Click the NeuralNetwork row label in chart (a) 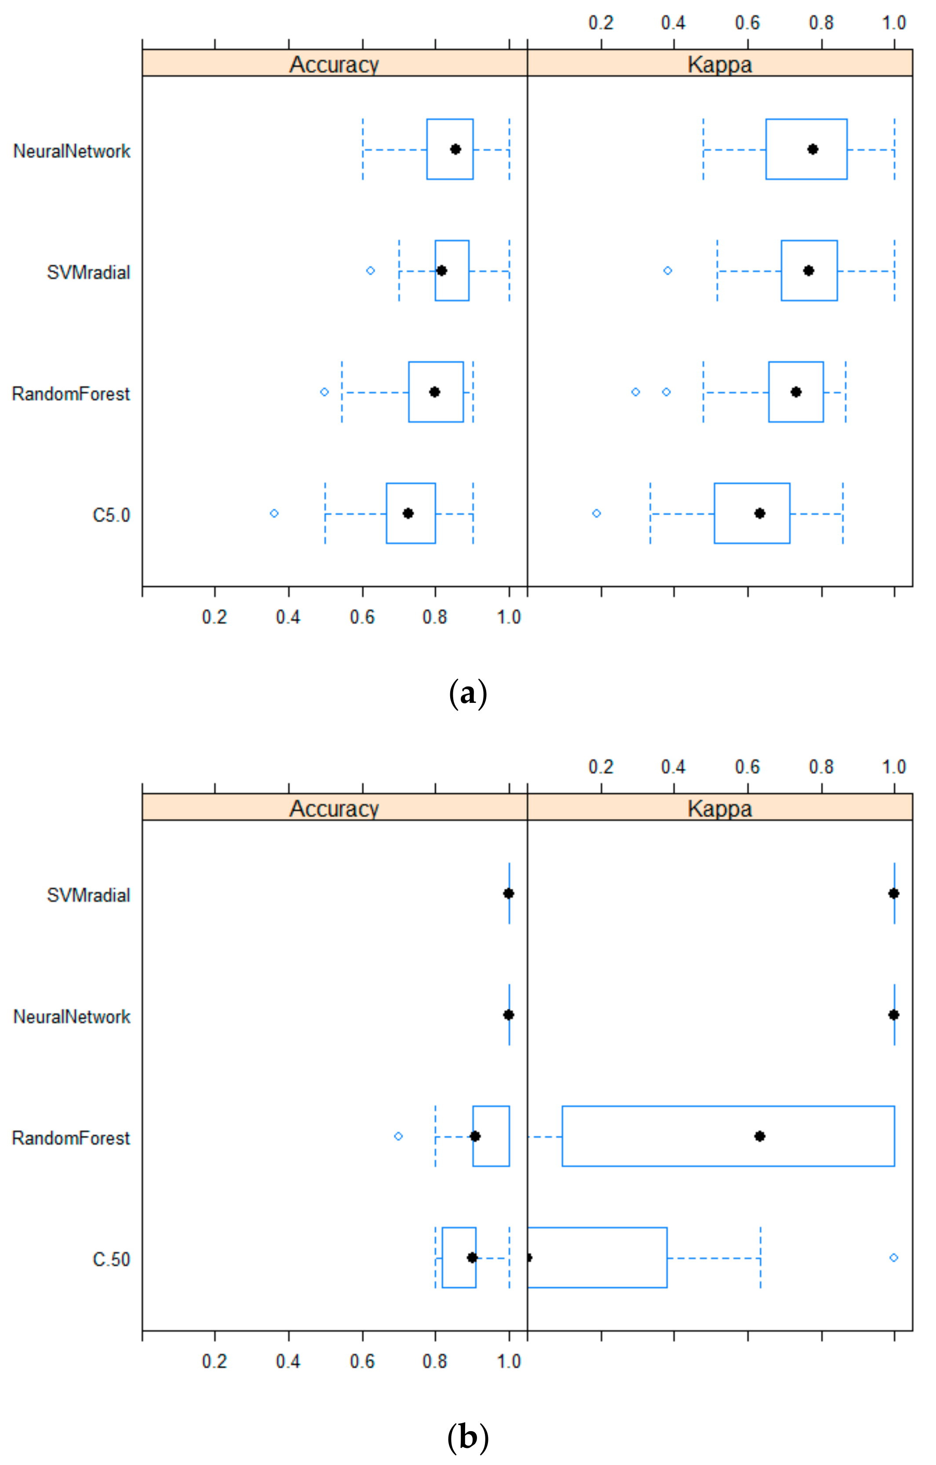72,151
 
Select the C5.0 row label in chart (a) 111,515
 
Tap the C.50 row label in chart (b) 111,1259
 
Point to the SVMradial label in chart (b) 88,895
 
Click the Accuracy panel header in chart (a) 334,64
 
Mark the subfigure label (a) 467,694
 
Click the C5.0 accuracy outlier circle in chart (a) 274,513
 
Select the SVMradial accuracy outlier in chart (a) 370,271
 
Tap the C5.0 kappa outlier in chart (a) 597,513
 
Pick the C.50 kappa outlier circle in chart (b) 893,1258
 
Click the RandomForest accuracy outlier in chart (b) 398,1136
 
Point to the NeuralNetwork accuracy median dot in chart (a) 455,149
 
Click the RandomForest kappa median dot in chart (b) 760,1136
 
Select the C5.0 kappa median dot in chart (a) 760,513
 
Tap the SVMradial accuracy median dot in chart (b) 509,893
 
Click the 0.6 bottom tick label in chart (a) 362,618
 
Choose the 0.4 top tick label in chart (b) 673,767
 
